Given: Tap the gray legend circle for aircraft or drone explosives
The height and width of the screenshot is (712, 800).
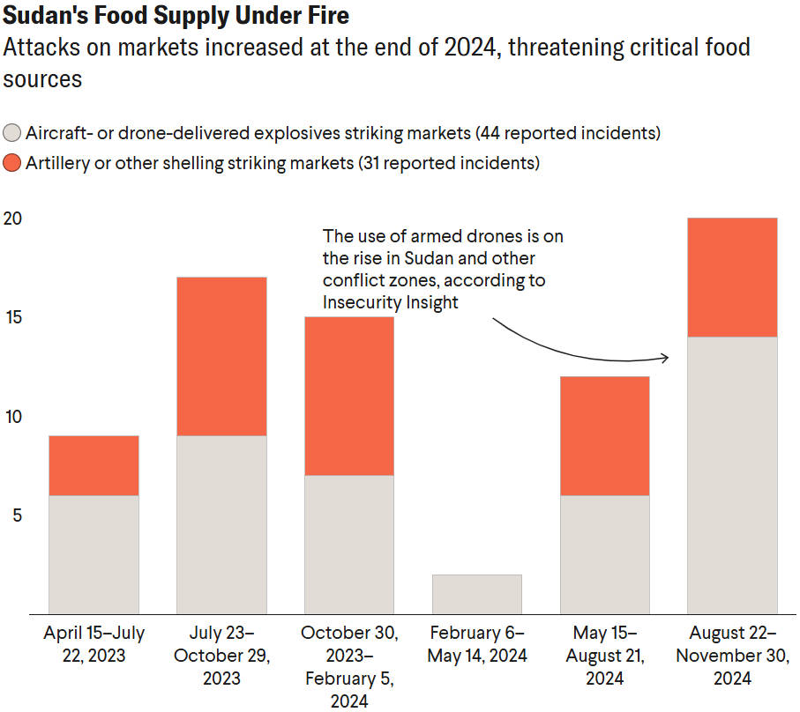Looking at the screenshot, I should [12, 134].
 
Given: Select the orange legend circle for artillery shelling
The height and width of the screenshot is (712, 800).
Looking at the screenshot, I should [12, 163].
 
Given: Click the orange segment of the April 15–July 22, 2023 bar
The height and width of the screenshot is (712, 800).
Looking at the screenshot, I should [93, 465].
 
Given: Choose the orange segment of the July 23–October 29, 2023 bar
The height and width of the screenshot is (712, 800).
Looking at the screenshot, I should [221, 356].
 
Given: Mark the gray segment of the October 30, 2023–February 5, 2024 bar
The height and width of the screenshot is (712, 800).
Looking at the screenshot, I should [349, 544].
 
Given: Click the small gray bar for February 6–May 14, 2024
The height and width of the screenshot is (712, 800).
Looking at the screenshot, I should [477, 594].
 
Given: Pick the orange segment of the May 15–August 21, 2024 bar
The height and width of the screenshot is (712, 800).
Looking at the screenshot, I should [605, 435].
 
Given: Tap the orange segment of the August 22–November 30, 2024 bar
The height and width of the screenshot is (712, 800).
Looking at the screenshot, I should [733, 277].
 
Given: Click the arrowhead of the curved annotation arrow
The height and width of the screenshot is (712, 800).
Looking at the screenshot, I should [664, 358].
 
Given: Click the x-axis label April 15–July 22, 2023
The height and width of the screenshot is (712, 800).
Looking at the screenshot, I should [93, 644].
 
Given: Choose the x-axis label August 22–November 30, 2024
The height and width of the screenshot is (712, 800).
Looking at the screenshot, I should [733, 656].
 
